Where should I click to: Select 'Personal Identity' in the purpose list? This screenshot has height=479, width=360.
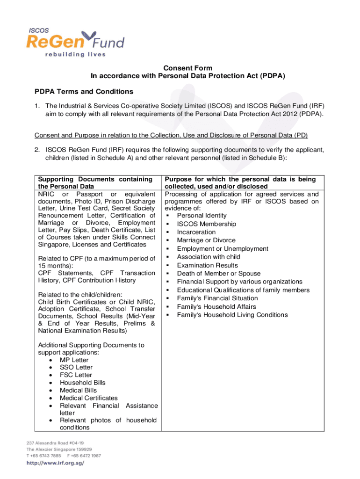tap(202, 216)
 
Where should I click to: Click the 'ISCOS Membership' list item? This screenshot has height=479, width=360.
tap(206, 224)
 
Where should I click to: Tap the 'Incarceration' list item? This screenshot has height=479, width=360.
tap(196, 232)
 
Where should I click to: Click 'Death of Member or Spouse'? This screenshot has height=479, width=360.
tap(218, 274)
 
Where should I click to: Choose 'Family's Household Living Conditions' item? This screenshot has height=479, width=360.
tap(232, 315)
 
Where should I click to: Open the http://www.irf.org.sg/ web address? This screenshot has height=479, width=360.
tap(55, 463)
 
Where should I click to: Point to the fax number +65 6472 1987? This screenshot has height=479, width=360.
tap(84, 456)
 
